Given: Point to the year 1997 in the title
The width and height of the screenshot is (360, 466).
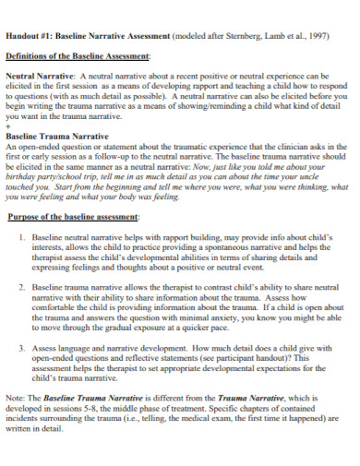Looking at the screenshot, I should pos(316,37).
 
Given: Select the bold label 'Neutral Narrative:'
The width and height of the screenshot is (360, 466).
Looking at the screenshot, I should pos(42,76).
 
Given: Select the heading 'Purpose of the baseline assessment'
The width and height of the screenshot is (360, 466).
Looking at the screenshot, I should pos(75,217).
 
